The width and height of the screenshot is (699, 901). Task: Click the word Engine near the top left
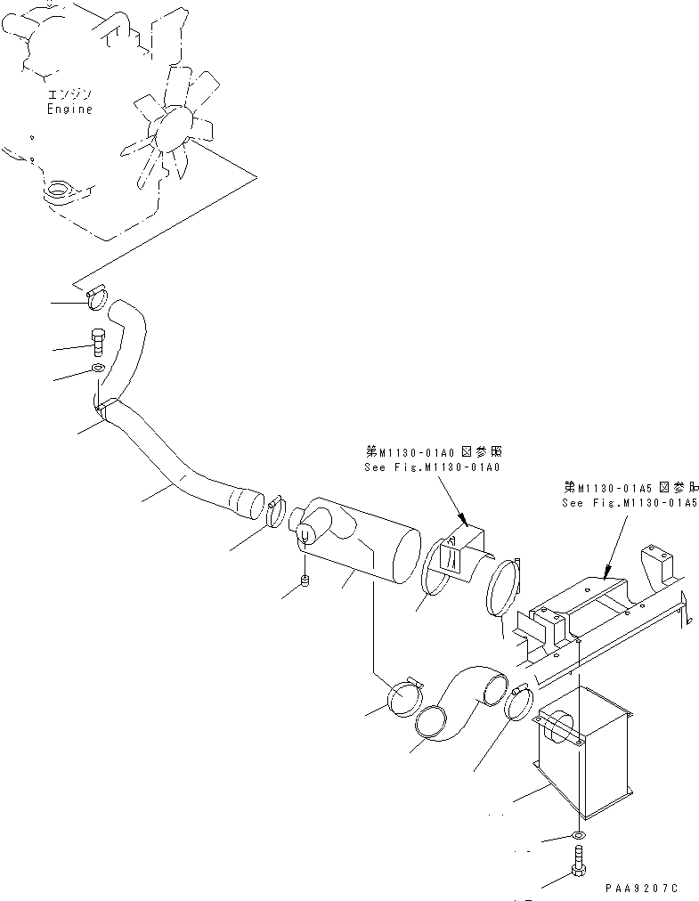[69, 109]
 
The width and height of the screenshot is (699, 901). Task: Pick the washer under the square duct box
[578, 835]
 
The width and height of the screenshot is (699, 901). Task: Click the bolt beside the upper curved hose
[98, 342]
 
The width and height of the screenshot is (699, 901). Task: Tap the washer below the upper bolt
[98, 369]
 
